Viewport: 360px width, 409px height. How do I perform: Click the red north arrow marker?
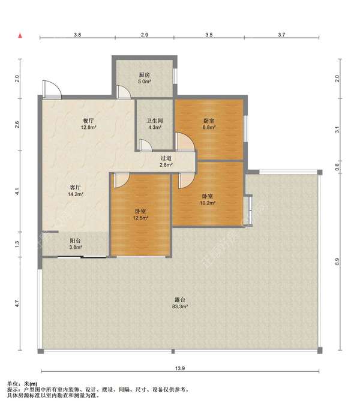pyautogui.click(x=20, y=36)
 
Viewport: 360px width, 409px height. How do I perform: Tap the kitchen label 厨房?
pyautogui.click(x=145, y=75)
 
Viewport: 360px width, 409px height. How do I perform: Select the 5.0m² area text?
pyautogui.click(x=145, y=82)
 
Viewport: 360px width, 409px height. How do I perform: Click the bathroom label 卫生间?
pyautogui.click(x=155, y=121)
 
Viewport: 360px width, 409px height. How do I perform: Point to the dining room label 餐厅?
pyautogui.click(x=88, y=121)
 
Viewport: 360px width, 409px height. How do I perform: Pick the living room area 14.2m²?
pyautogui.click(x=76, y=194)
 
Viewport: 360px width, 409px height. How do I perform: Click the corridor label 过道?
pyautogui.click(x=166, y=158)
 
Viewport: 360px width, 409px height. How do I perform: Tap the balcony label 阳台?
pyautogui.click(x=75, y=240)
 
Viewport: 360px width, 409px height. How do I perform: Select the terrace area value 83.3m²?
pyautogui.click(x=180, y=306)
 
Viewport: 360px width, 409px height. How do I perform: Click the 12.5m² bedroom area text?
pyautogui.click(x=141, y=218)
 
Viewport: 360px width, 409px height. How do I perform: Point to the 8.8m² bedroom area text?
pyautogui.click(x=209, y=128)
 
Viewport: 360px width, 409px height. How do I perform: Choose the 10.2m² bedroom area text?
pyautogui.click(x=208, y=203)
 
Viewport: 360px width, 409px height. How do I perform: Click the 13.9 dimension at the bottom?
pyautogui.click(x=180, y=368)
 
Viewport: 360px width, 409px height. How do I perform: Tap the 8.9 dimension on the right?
pyautogui.click(x=337, y=261)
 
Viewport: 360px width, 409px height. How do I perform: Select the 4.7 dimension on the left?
pyautogui.click(x=17, y=303)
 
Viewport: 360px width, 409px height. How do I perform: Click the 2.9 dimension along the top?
pyautogui.click(x=145, y=35)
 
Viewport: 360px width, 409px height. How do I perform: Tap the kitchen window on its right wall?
pyautogui.click(x=175, y=76)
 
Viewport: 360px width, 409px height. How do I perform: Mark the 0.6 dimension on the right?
pyautogui.click(x=337, y=167)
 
